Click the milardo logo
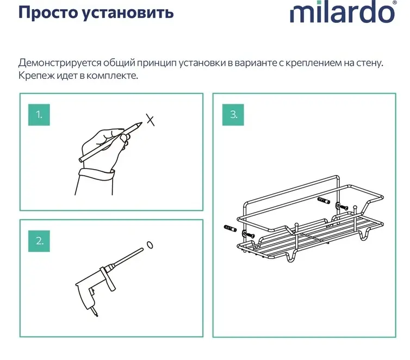click(x=343, y=12)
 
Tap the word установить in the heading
click(x=128, y=13)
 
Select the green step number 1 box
click(x=39, y=115)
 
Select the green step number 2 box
click(x=39, y=241)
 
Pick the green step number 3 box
click(x=233, y=115)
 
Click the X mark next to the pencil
click(x=150, y=120)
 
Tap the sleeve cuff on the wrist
click(x=96, y=174)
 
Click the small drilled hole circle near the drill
click(x=150, y=245)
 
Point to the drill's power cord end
click(x=96, y=314)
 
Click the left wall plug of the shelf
click(x=231, y=228)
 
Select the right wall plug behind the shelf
click(x=324, y=201)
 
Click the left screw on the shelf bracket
click(x=250, y=235)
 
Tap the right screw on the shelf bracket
click(x=344, y=208)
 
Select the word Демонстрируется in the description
click(x=60, y=63)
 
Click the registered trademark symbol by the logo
click(x=394, y=2)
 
